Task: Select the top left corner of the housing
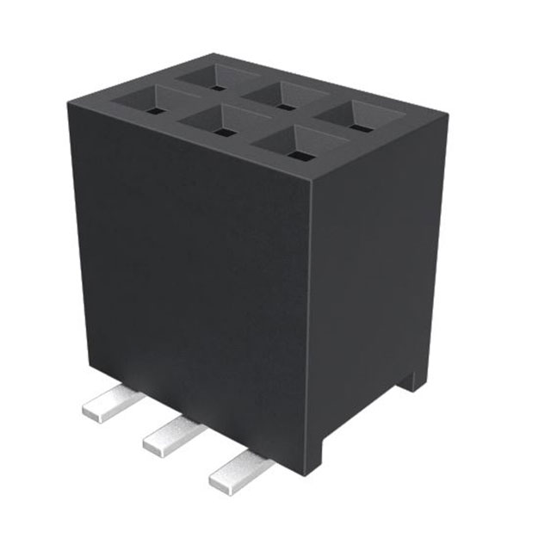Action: [x=69, y=103]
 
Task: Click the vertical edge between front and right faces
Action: [x=311, y=327]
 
